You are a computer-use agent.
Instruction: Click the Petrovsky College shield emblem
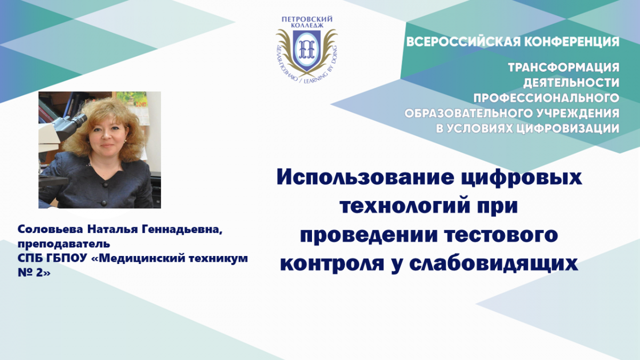click(307, 50)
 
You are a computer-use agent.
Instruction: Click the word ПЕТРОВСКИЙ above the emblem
click(307, 19)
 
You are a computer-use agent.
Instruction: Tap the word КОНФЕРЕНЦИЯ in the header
click(572, 42)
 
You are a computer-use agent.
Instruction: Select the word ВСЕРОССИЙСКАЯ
click(464, 42)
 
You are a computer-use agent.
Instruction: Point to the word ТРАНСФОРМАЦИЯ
click(564, 67)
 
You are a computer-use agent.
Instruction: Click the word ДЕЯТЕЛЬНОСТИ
click(571, 83)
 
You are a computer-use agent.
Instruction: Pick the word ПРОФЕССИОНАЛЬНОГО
click(547, 98)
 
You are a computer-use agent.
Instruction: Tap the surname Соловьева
click(50, 229)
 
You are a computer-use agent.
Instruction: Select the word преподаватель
click(63, 244)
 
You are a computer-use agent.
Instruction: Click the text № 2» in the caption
click(34, 273)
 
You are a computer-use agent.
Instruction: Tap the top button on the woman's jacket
click(106, 185)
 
